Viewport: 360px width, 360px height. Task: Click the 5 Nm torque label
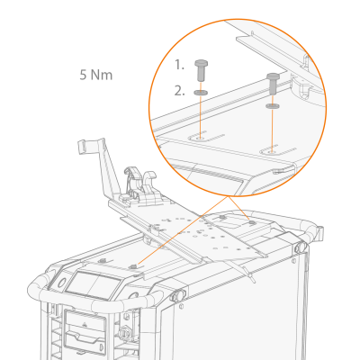[96, 75]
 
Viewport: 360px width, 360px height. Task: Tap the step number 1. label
[179, 65]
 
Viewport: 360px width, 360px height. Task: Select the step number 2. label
[179, 91]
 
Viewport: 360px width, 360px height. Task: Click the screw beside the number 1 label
[202, 70]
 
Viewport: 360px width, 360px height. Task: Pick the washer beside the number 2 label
[201, 92]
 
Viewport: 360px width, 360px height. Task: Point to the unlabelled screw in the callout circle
[273, 84]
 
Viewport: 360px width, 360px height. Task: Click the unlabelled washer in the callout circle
[273, 106]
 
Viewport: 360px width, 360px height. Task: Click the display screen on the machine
[94, 285]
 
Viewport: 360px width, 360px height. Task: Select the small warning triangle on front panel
[85, 324]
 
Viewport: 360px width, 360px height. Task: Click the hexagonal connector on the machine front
[125, 332]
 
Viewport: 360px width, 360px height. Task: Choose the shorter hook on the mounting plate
[149, 184]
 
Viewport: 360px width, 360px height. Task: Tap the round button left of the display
[61, 283]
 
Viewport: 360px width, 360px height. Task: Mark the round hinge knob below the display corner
[177, 296]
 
